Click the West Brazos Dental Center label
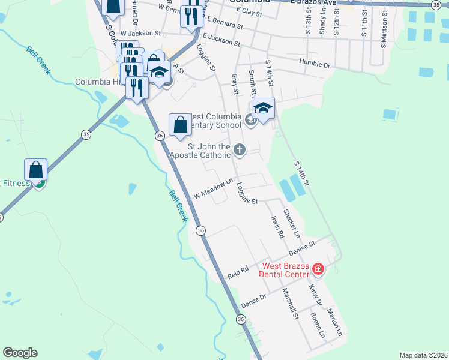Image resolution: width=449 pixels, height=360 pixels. click(284, 270)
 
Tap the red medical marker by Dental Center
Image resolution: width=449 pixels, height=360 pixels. click(318, 270)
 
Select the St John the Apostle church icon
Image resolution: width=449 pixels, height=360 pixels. click(240, 149)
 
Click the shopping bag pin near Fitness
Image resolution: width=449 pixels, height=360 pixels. click(36, 170)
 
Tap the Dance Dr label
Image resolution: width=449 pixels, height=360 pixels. click(253, 301)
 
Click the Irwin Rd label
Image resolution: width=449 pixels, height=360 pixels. click(277, 227)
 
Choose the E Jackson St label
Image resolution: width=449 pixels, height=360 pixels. click(221, 40)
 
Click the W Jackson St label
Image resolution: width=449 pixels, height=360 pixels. click(140, 34)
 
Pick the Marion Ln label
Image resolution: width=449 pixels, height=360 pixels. click(334, 322)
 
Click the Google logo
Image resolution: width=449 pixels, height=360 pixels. click(20, 353)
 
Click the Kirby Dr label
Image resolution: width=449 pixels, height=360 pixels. click(316, 295)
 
